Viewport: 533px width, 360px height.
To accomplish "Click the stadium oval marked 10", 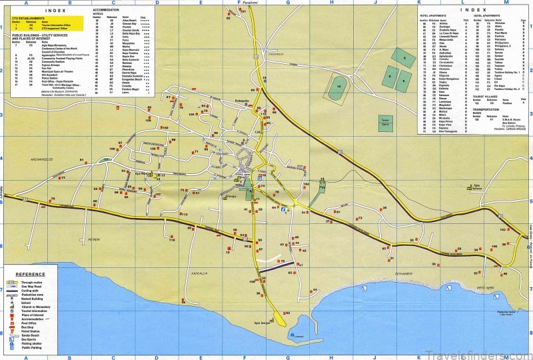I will tap(340, 87).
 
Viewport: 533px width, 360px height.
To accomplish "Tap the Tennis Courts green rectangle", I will tap(385, 127).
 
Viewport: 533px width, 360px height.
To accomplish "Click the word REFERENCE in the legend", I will tap(31, 275).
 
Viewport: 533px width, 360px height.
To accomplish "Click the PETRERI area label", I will tap(93, 238).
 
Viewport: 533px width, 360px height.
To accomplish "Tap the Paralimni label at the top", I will tap(251, 3).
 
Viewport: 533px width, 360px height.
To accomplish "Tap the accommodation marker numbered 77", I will tap(62, 179).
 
